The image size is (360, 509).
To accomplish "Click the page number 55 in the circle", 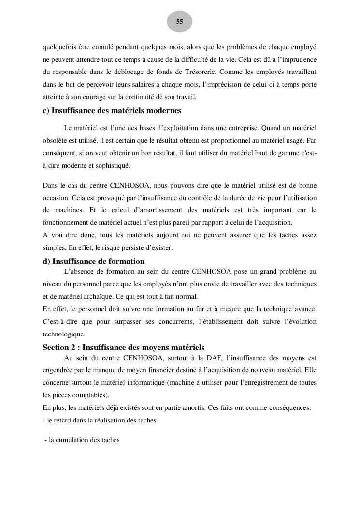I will [179, 22].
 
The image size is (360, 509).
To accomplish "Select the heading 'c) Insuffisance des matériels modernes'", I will [112, 111].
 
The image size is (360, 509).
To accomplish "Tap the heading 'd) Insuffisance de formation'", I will [93, 262].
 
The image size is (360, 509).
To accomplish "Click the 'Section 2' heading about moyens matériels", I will [123, 348].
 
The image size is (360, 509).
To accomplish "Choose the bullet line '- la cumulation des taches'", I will [81, 440].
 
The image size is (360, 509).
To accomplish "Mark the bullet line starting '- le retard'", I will [99, 421].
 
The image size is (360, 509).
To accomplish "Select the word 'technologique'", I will [63, 334].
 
